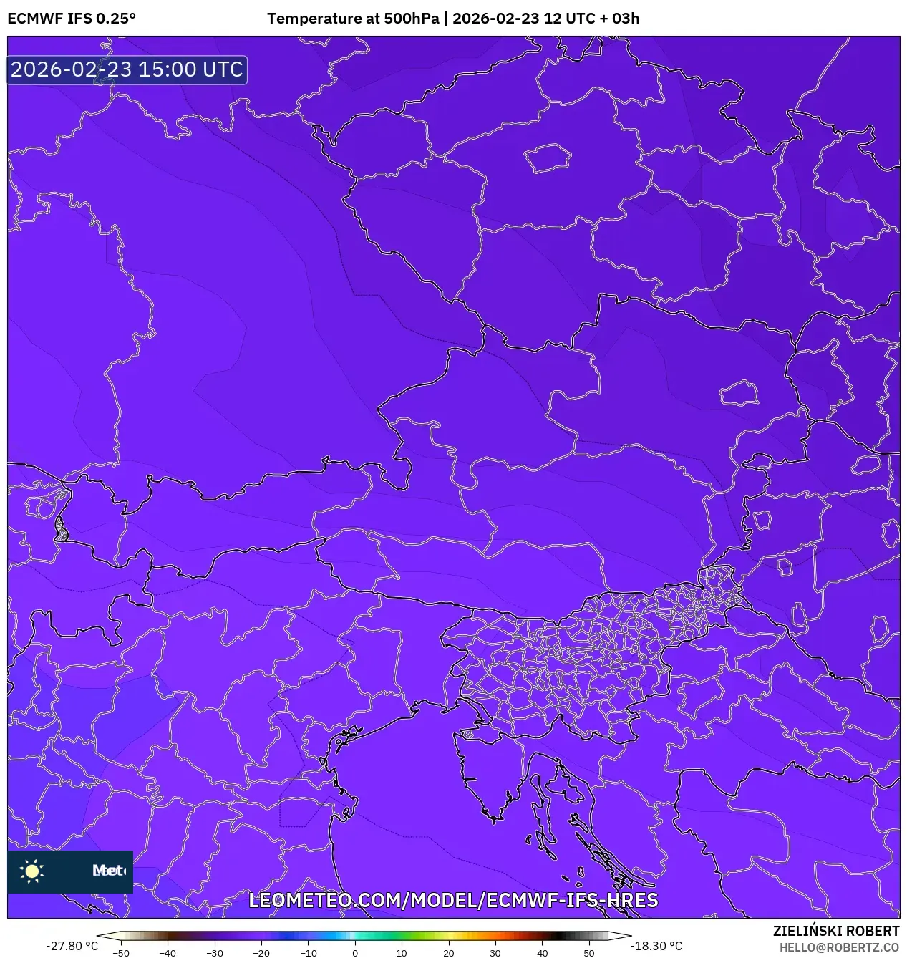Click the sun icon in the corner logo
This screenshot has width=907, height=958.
pos(32,871)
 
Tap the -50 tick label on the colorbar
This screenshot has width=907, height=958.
pos(121,953)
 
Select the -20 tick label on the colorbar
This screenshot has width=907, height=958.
pos(261,953)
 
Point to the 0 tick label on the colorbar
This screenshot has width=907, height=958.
pos(355,953)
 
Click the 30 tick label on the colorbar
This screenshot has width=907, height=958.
pos(495,953)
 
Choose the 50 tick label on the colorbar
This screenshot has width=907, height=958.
pos(589,953)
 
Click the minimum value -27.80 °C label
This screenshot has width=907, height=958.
pos(72,946)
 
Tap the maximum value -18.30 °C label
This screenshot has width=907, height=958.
pos(656,946)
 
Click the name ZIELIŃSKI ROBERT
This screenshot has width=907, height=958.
pos(835,931)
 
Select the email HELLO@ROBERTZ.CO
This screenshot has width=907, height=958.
pos(839,947)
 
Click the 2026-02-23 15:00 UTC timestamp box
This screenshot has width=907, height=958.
pos(127,69)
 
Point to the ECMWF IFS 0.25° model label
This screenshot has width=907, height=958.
pos(72,18)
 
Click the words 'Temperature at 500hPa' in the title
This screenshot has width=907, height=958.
pos(353,18)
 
